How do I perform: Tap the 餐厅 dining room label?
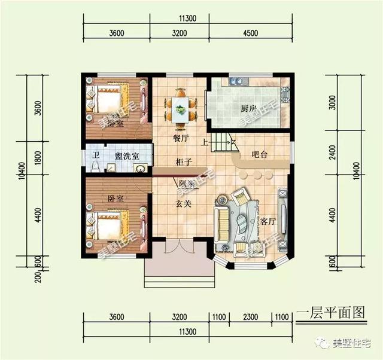click(x=181, y=138)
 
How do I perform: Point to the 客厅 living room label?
click(x=267, y=221)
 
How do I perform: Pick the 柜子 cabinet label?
click(x=183, y=161)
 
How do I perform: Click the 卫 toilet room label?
click(x=96, y=155)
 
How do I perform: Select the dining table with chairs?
click(x=180, y=106)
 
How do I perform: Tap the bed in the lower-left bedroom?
click(x=108, y=225)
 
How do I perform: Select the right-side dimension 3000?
click(x=333, y=106)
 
